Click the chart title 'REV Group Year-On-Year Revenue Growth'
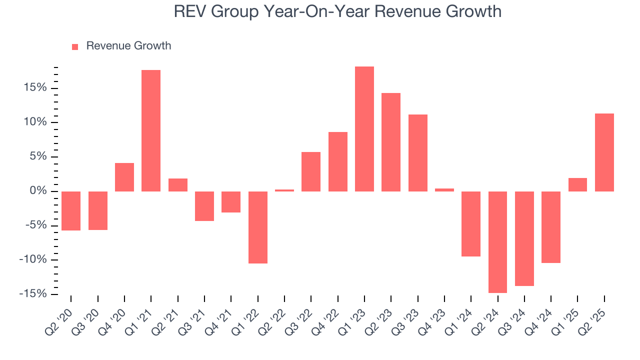(337, 11)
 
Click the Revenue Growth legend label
(128, 46)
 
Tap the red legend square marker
(75, 46)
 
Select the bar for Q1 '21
(151, 130)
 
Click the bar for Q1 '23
(364, 129)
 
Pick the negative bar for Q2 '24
(498, 242)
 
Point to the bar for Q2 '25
(604, 152)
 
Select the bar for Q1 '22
(258, 227)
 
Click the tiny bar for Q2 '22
(284, 190)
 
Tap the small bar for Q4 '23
(444, 189)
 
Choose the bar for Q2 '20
(71, 210)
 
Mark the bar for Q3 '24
(524, 238)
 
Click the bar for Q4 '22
(338, 161)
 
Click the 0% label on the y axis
(39, 191)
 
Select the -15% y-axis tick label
(34, 294)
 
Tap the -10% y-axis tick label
(34, 259)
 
